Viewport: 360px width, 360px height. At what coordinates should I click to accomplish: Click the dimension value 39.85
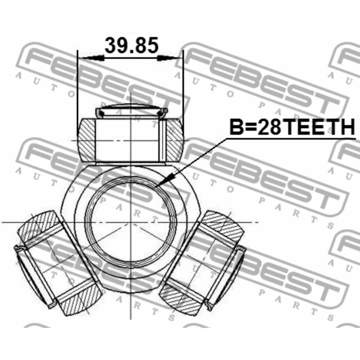[x=131, y=45]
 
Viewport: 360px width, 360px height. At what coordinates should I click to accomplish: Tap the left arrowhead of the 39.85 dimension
[x=92, y=58]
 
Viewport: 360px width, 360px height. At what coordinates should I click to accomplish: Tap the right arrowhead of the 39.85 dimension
[x=170, y=58]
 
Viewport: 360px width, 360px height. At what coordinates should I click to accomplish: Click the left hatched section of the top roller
[x=87, y=140]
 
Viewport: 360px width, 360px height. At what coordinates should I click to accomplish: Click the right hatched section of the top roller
[x=175, y=140]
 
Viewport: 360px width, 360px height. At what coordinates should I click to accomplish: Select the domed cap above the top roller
[x=131, y=112]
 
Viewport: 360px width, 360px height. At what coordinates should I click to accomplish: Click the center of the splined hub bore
[x=131, y=222]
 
